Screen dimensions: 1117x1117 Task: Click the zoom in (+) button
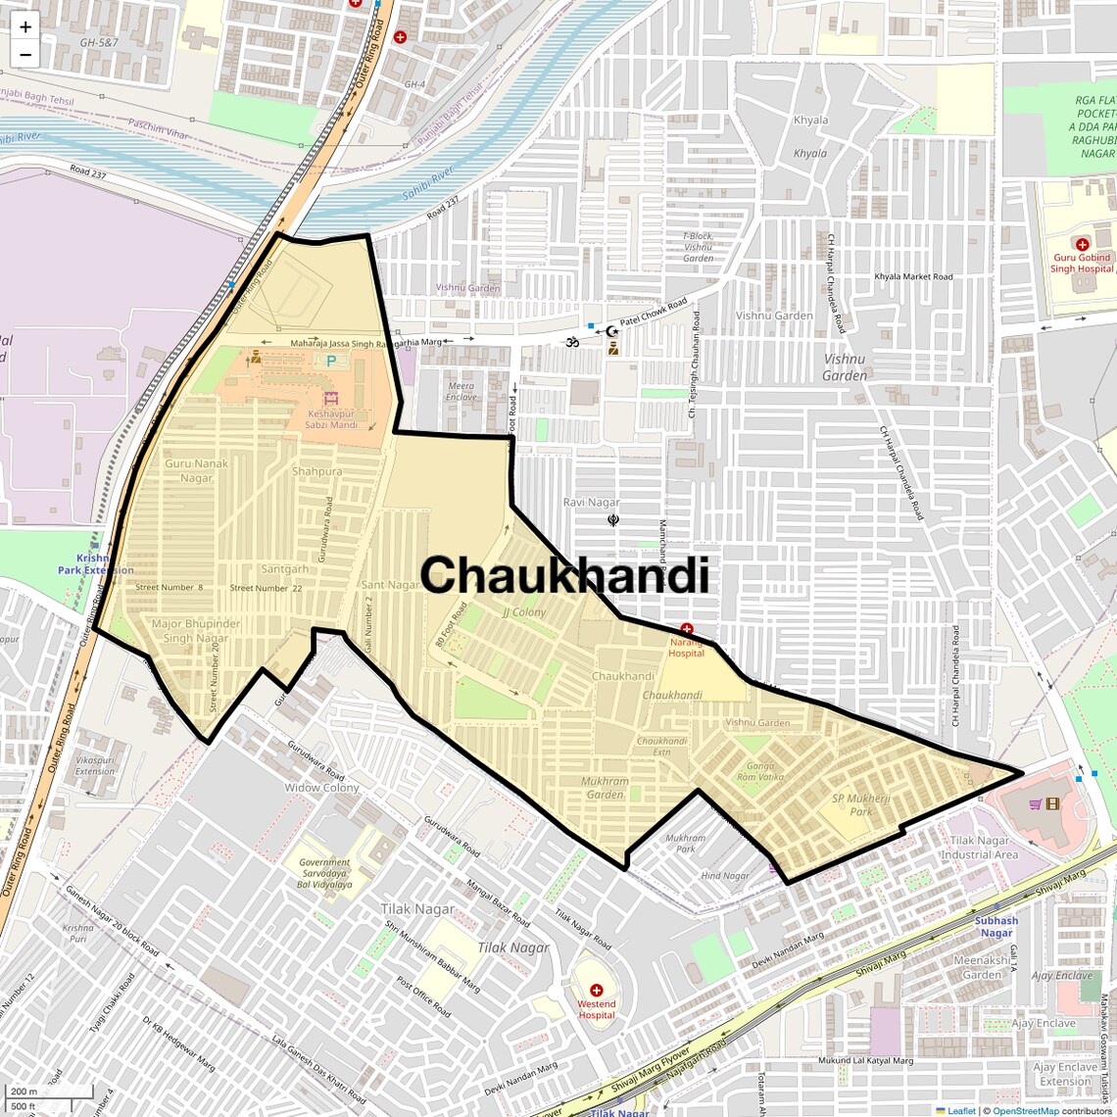25,27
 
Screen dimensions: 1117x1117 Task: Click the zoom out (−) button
25,54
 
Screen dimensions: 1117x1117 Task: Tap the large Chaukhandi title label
564,575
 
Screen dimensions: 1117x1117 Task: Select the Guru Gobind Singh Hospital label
1082,263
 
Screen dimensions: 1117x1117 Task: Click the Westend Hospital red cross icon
596,991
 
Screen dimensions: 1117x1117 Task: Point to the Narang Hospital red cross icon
687,629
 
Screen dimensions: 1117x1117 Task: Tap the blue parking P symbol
330,361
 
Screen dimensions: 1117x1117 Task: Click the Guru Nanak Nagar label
196,470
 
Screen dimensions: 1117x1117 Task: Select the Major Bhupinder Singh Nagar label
196,631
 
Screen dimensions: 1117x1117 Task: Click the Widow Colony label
321,788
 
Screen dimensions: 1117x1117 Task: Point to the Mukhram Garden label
605,788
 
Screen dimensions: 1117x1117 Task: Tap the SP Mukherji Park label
860,804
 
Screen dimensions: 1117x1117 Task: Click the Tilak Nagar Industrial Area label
980,848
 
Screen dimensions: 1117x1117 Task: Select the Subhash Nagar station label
996,926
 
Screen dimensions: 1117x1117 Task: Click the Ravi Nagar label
591,502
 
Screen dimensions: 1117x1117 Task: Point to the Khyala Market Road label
913,276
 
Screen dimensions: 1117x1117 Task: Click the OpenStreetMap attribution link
1025,1110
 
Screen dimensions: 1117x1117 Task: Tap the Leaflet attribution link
961,1110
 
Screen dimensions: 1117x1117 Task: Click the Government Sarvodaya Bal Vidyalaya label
324,873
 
